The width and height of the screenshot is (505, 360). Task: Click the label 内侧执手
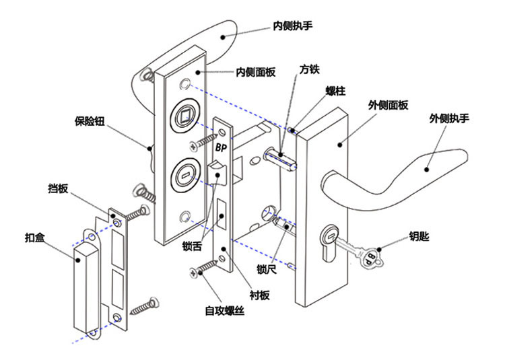(x=292, y=26)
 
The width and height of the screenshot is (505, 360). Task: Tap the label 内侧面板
(x=256, y=72)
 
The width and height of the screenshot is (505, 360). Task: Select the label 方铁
(x=309, y=69)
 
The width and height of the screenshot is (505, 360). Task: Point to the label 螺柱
(x=335, y=91)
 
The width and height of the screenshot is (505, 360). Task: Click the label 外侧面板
(x=388, y=105)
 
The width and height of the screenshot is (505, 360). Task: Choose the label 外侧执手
(x=449, y=118)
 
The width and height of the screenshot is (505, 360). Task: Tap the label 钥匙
(x=419, y=236)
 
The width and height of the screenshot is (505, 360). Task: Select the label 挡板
(x=59, y=188)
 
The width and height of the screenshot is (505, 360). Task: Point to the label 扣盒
(x=35, y=238)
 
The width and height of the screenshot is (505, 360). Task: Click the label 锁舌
(x=192, y=246)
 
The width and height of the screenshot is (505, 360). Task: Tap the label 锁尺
(x=267, y=269)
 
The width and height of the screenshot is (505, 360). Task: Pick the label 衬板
(x=260, y=295)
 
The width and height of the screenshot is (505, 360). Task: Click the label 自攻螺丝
(x=225, y=311)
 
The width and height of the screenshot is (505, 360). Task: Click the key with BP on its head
(x=360, y=252)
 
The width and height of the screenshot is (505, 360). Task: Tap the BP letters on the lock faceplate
(x=221, y=147)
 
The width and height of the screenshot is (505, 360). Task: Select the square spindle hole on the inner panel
(x=184, y=116)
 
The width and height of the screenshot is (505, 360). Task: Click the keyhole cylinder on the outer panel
(x=329, y=242)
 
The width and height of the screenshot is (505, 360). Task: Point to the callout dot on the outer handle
(x=427, y=170)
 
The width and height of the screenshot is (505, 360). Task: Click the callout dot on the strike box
(x=77, y=260)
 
